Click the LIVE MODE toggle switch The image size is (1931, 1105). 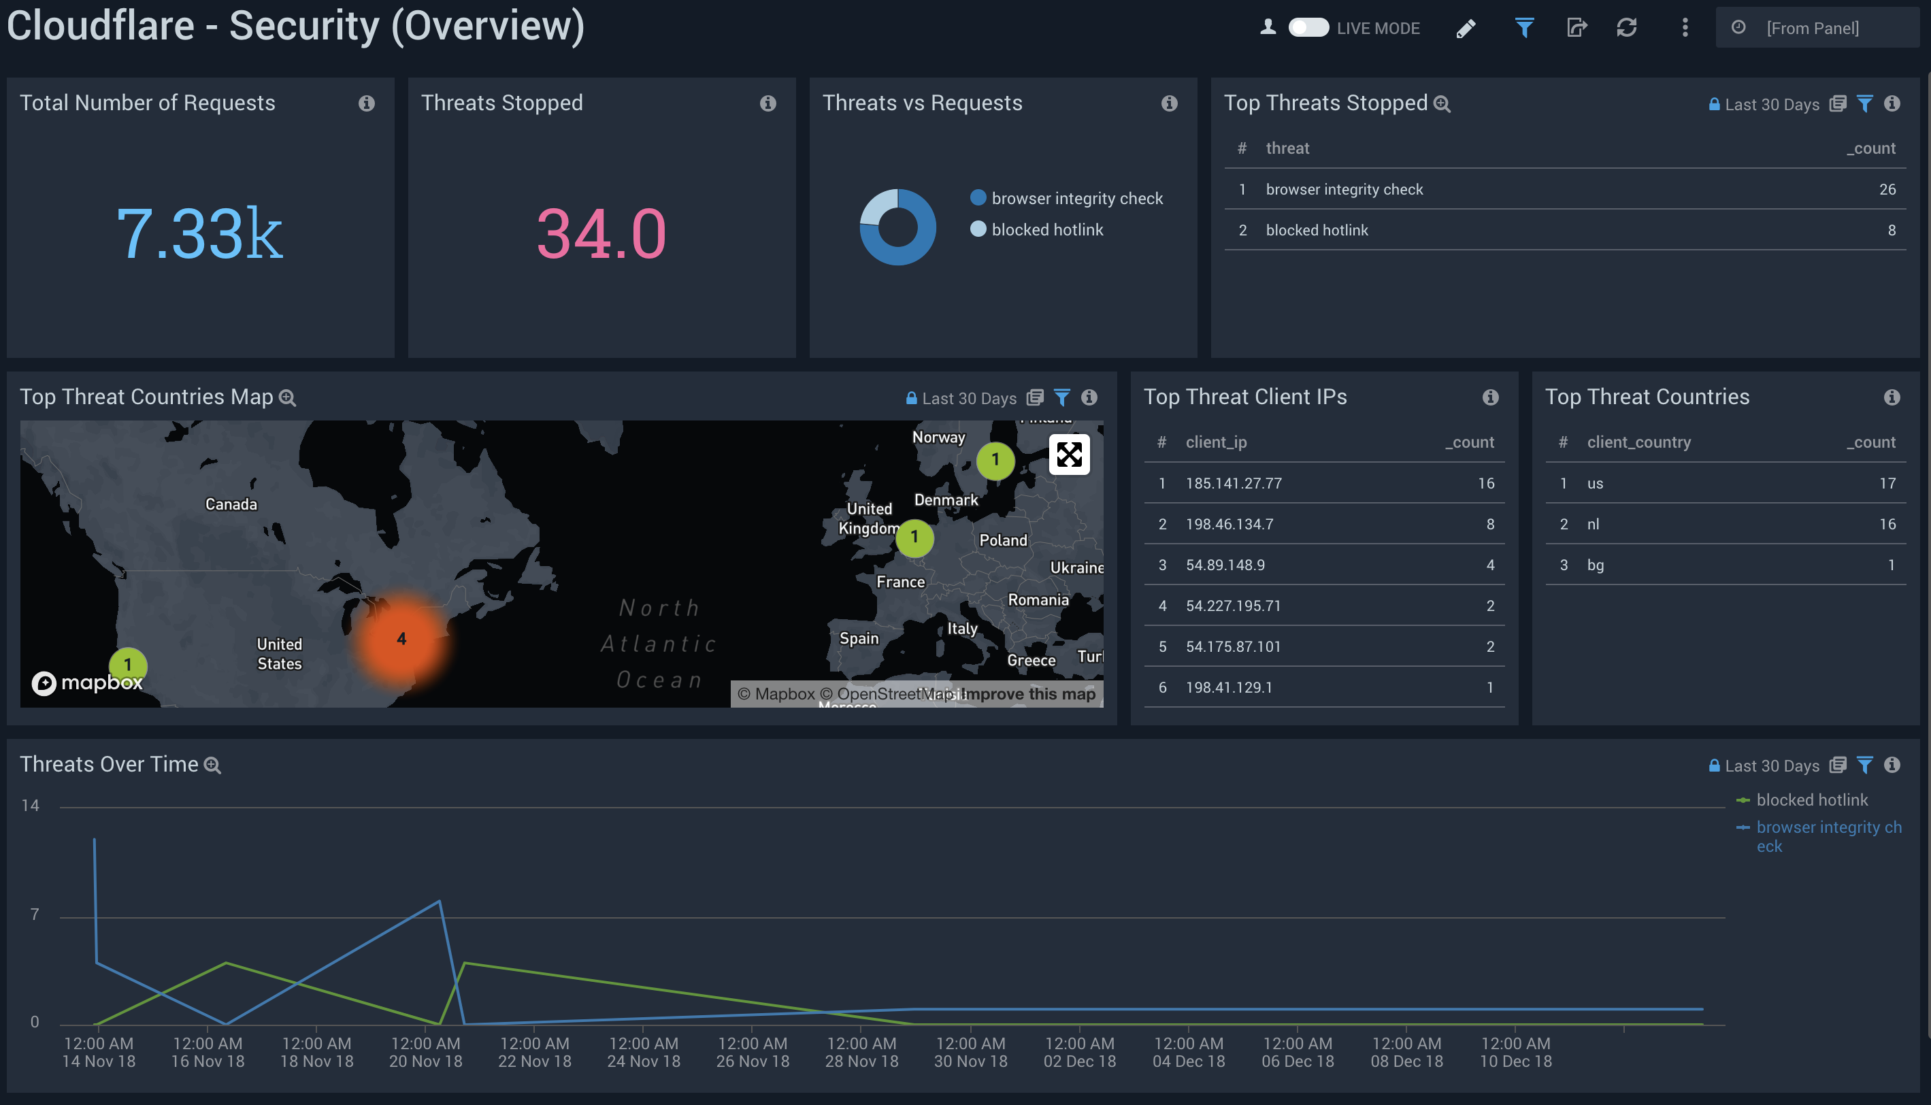1308,28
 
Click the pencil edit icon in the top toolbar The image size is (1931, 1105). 1466,28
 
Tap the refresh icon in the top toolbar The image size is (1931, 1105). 1626,28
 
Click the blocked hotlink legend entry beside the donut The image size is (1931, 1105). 1046,229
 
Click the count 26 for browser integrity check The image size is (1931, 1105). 1887,189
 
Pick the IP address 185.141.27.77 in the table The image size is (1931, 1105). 1233,483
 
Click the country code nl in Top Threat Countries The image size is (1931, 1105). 1593,525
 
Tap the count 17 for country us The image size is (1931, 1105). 1887,483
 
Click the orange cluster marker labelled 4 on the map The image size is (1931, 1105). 401,639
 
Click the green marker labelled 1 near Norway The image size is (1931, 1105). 995,460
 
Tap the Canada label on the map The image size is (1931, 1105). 231,504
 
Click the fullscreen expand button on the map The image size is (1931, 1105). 1068,455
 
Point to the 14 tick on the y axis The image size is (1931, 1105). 31,805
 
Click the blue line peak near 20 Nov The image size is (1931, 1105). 440,902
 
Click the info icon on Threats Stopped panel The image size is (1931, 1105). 768,103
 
